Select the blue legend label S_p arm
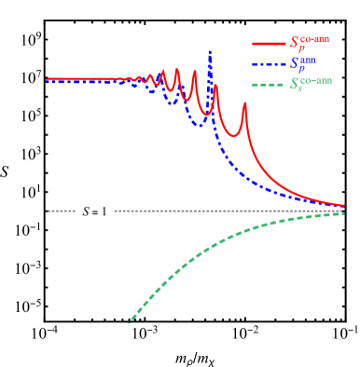point(303,63)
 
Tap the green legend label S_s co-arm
point(311,84)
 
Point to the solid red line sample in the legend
point(269,44)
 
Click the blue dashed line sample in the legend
point(269,64)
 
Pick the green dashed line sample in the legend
point(269,85)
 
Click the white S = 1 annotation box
point(94,211)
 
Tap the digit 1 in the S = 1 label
point(107,211)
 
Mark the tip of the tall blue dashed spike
point(210,51)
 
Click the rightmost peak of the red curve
point(244,103)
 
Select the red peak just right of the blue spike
point(216,86)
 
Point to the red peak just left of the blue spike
point(194,72)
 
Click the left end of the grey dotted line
point(49,211)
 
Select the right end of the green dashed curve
point(343,213)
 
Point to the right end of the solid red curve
point(343,206)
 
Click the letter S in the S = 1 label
point(87,211)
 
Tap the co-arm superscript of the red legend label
point(315,38)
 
